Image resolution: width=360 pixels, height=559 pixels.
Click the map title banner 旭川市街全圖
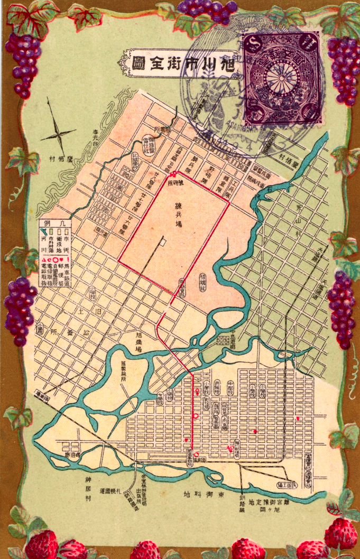tap(179, 64)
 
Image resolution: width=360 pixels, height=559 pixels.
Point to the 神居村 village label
tap(88, 489)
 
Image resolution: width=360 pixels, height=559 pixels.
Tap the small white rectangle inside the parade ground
tap(164, 242)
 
